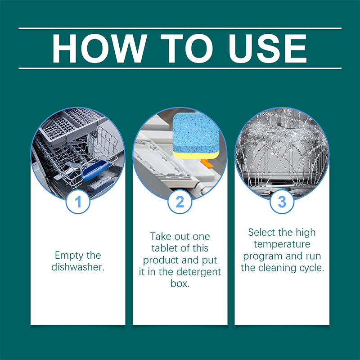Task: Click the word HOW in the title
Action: coord(99,49)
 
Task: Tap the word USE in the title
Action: coord(268,49)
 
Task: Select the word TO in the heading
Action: coord(187,49)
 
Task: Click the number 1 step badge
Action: coord(78,202)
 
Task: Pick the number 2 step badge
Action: coord(180,202)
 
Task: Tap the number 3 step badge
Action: coord(282,202)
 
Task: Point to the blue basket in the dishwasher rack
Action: coord(95,171)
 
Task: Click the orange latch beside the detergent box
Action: coord(207,163)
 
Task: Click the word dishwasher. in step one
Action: coord(78,267)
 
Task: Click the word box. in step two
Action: coord(180,283)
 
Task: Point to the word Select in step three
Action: coord(261,232)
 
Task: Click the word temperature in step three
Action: coord(282,244)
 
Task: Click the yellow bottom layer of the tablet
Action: coord(196,155)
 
